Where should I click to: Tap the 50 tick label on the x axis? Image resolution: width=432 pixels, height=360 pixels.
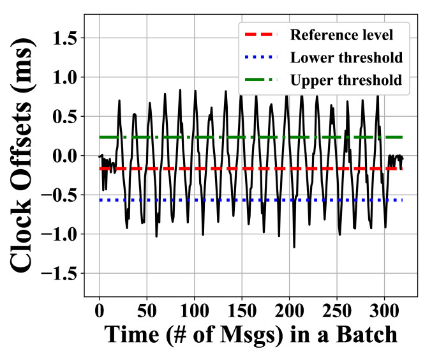coord(147,311)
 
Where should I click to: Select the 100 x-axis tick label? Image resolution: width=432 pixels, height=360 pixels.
coord(194,311)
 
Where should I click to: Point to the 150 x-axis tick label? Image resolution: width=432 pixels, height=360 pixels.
coord(241,311)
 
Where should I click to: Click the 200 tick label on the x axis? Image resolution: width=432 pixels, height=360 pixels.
coord(289,311)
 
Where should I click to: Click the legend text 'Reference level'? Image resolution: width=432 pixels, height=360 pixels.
coord(341,34)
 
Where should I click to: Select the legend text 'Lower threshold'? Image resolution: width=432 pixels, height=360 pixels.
coord(346,57)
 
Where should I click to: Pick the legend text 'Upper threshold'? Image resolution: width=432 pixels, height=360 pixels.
coord(345,80)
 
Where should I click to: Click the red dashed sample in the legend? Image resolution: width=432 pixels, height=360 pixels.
coord(262,34)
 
